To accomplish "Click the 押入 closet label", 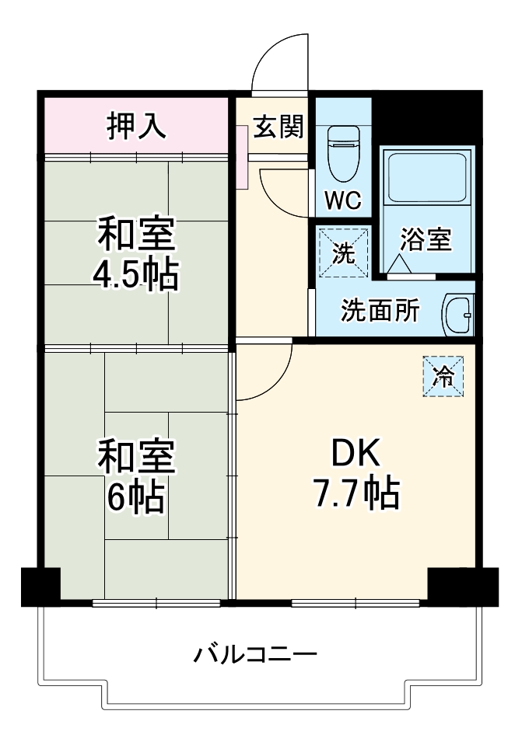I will (x=136, y=126).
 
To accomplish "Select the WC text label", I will (x=343, y=200).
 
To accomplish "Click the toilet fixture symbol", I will (x=342, y=153).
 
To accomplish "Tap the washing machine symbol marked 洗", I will (x=343, y=252).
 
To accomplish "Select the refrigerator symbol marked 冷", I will (x=443, y=377).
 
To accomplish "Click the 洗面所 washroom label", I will (x=380, y=311).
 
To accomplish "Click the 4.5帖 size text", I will (x=136, y=275).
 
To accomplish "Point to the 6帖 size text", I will (x=136, y=497).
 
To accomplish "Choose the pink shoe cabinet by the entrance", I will (x=241, y=155).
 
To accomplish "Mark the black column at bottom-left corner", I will (x=40, y=587).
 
